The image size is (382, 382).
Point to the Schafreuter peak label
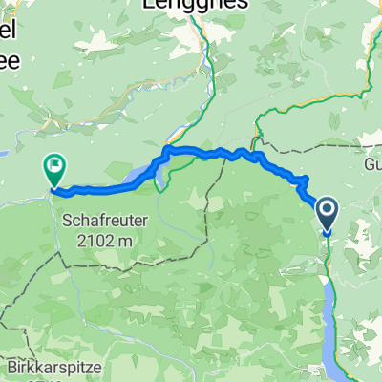pyautogui.click(x=104, y=219)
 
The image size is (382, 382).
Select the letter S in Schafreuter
pyautogui.click(x=68, y=219)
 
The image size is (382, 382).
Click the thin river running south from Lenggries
pyautogui.click(x=206, y=76)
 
